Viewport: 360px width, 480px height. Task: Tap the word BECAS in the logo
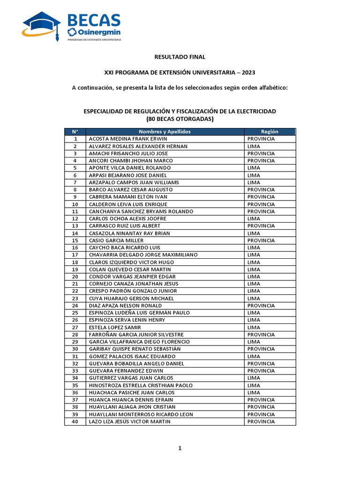click(94, 21)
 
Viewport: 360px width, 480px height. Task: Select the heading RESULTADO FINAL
click(180, 57)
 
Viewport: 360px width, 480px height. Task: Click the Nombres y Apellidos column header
click(165, 132)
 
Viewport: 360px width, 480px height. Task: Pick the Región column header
click(270, 132)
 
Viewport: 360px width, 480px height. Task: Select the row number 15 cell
click(75, 240)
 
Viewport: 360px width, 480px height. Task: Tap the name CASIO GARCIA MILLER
click(116, 240)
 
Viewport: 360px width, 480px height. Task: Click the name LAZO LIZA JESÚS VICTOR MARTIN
click(130, 421)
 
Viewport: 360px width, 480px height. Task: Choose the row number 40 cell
click(75, 421)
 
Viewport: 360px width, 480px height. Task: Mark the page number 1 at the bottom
click(180, 449)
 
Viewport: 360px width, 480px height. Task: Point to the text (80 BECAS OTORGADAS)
click(180, 119)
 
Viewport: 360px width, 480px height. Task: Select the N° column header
click(75, 132)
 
